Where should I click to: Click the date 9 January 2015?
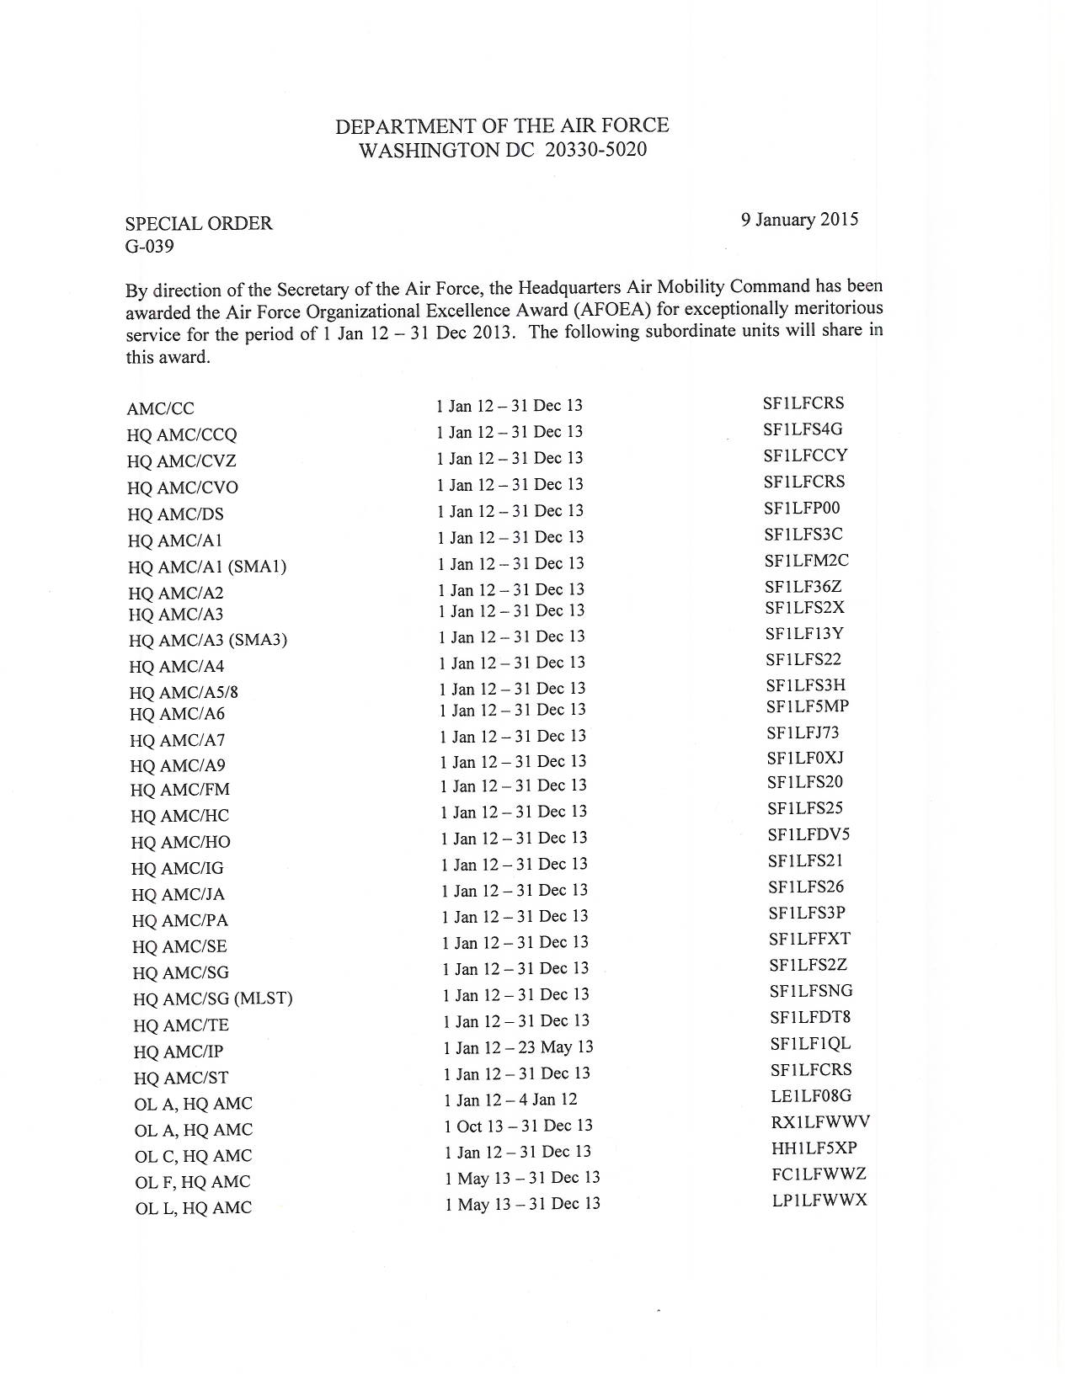click(x=799, y=220)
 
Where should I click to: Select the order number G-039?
click(x=149, y=247)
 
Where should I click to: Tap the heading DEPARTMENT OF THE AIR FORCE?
click(x=502, y=126)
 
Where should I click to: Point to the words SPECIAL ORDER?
click(x=199, y=224)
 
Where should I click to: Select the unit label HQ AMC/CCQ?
click(x=182, y=435)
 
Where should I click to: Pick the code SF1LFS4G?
click(x=803, y=429)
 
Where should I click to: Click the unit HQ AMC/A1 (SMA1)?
click(x=207, y=567)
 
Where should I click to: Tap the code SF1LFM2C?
click(x=806, y=561)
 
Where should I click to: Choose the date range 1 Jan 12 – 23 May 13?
click(x=518, y=1047)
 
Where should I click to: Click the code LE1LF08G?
click(x=811, y=1096)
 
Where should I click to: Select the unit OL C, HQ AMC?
click(x=193, y=1156)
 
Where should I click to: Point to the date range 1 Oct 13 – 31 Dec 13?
click(x=518, y=1126)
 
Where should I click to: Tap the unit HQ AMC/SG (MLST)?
click(x=212, y=999)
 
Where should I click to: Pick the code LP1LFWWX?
click(x=819, y=1201)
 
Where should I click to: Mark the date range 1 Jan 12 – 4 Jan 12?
click(x=510, y=1100)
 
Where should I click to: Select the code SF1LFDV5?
click(x=808, y=835)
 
